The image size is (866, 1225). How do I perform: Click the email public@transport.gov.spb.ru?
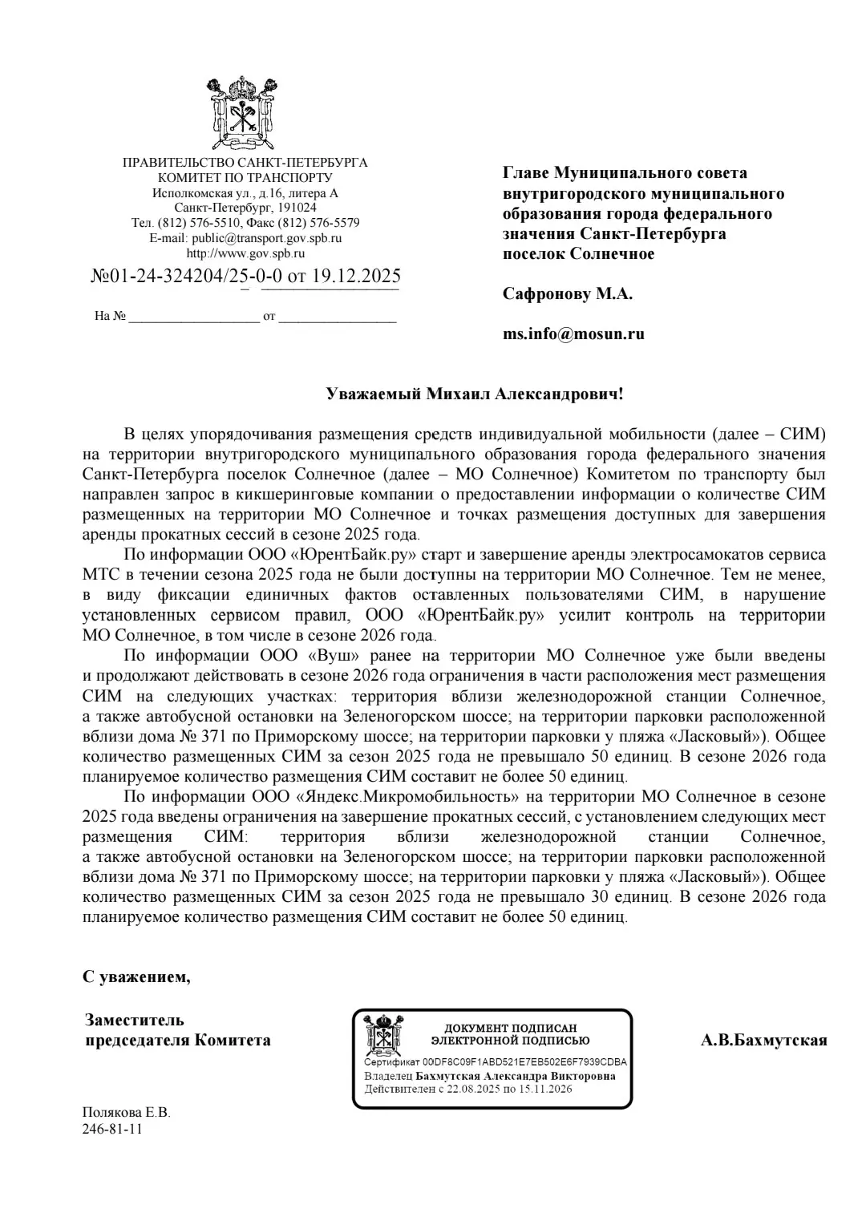[x=267, y=238]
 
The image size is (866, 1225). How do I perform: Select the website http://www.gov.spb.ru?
[x=245, y=253]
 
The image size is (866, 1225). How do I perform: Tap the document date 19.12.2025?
[x=356, y=277]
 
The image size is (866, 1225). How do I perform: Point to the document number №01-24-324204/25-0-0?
[x=187, y=277]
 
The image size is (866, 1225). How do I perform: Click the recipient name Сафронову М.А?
[x=567, y=294]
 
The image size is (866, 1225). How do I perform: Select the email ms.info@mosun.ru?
[x=573, y=334]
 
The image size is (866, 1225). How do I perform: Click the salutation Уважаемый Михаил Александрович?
[x=474, y=394]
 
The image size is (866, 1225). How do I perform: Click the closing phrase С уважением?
[x=137, y=977]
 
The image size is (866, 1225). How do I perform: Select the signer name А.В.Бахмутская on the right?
[x=763, y=1041]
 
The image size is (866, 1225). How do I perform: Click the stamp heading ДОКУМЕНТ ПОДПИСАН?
[x=511, y=1028]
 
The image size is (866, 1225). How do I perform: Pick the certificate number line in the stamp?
[x=491, y=1062]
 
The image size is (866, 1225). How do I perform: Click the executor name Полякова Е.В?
[x=127, y=1113]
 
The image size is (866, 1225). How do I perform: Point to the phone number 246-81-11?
[x=112, y=1129]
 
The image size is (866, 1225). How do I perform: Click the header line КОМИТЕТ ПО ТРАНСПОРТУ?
[x=245, y=178]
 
